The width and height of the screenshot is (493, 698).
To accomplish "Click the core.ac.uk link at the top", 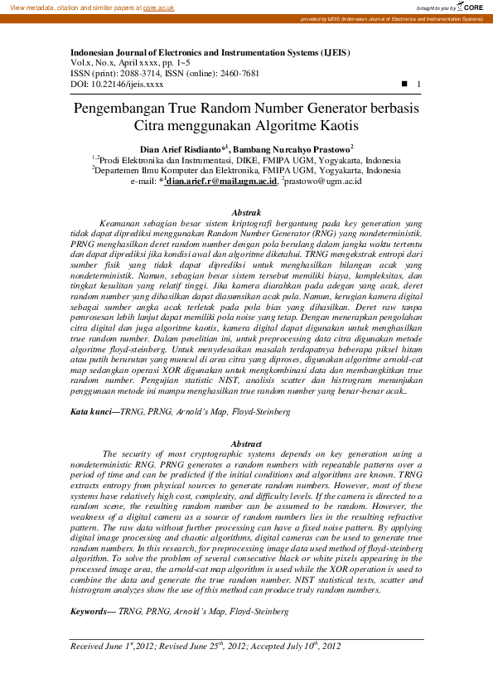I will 158,7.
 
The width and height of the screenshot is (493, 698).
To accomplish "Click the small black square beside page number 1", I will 404,85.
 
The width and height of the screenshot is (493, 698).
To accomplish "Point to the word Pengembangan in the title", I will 124,109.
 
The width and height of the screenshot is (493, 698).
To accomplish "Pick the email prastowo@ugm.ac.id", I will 323,180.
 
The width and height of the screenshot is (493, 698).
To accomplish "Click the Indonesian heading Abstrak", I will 246,213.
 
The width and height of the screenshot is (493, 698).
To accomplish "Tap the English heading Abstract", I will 246,444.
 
